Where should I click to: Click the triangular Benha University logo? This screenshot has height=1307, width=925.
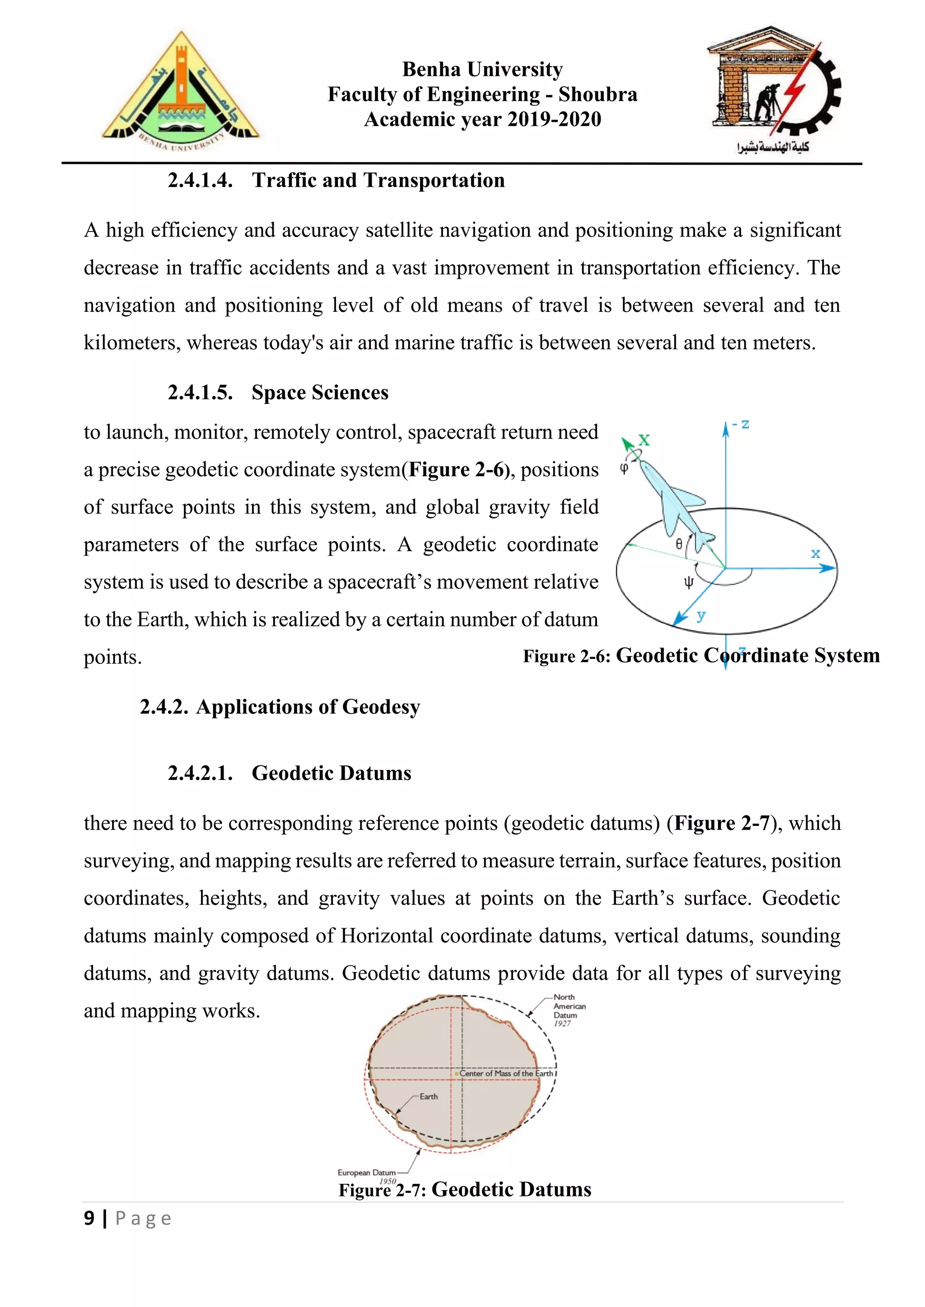(x=181, y=91)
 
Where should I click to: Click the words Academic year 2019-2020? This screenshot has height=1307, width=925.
(x=482, y=120)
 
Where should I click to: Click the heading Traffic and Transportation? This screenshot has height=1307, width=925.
(x=378, y=181)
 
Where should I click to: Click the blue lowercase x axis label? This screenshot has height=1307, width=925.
(x=816, y=553)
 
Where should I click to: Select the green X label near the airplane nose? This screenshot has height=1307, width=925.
(x=644, y=440)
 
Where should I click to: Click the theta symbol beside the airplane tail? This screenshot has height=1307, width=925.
(x=679, y=544)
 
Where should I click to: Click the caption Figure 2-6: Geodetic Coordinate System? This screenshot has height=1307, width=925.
(x=701, y=656)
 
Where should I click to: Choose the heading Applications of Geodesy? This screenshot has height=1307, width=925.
(x=308, y=707)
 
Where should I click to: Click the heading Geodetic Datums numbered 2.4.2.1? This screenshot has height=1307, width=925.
(x=331, y=774)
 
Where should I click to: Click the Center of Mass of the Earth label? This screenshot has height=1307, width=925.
(x=506, y=1074)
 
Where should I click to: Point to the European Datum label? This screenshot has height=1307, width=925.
(x=367, y=1173)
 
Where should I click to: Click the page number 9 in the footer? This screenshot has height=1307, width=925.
(x=89, y=1219)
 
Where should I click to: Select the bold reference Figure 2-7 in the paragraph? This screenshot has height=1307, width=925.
(x=722, y=824)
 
